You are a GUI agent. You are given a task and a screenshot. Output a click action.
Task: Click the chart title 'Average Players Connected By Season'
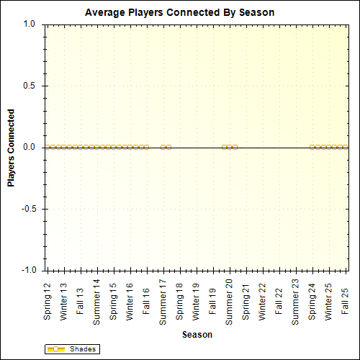[x=179, y=13]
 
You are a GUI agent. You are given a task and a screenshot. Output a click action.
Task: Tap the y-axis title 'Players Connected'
[x=11, y=148]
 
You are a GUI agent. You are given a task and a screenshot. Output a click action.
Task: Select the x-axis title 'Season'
[x=197, y=335]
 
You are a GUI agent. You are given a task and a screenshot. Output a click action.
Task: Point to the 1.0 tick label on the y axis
[x=30, y=24]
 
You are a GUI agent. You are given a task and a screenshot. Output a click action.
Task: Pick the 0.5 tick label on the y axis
[x=30, y=86]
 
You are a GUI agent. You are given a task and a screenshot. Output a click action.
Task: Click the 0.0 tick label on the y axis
[x=30, y=147]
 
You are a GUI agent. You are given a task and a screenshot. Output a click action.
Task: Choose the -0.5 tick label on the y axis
[x=28, y=209]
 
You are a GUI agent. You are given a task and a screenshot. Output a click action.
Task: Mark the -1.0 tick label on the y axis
[x=28, y=271]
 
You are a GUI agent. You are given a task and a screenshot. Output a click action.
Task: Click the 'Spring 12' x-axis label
[x=48, y=302]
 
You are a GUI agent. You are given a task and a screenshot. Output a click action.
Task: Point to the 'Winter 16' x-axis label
[x=130, y=301]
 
